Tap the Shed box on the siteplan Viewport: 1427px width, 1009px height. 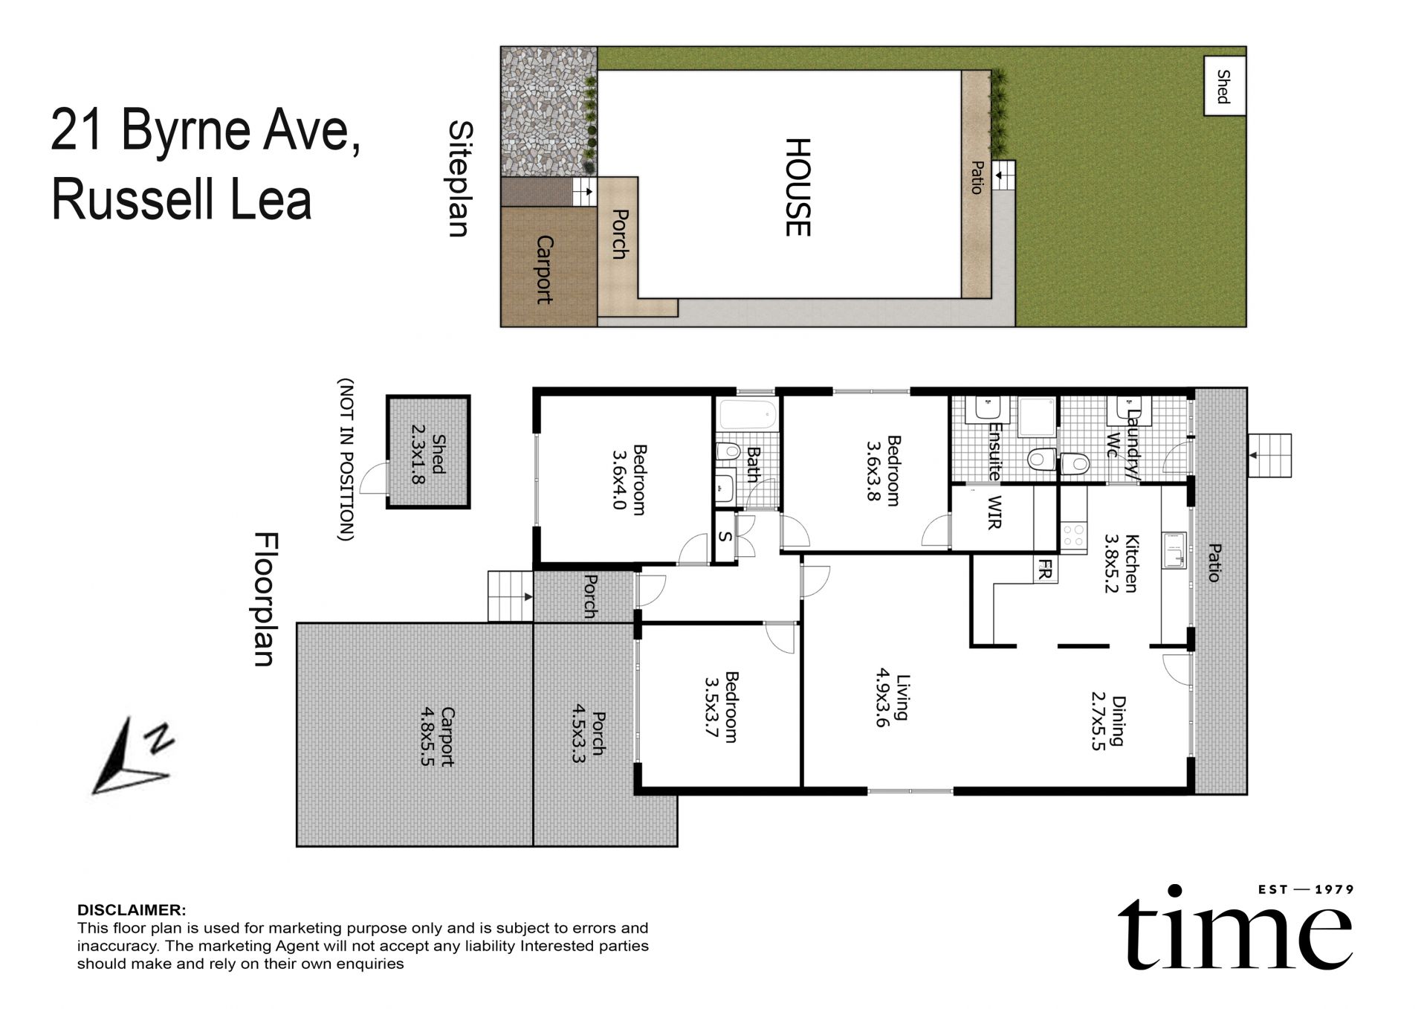click(x=1224, y=86)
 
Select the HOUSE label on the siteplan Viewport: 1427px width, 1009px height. click(x=797, y=187)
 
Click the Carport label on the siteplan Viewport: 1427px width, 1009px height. click(x=545, y=269)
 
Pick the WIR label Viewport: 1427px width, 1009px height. click(x=994, y=512)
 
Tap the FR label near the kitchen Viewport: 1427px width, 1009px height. click(x=1044, y=570)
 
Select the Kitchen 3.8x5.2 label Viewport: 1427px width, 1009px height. click(x=1121, y=563)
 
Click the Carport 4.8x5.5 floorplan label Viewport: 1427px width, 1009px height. click(x=438, y=736)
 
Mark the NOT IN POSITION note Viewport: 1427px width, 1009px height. click(x=346, y=460)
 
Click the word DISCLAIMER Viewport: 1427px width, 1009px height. click(x=132, y=910)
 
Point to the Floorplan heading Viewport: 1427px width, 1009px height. click(x=265, y=599)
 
